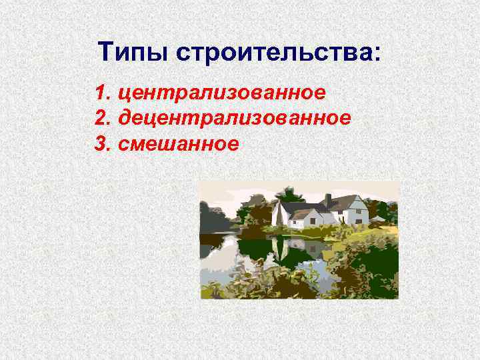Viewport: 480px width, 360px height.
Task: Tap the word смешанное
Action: pos(177,144)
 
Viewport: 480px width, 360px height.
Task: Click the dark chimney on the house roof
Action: pos(328,199)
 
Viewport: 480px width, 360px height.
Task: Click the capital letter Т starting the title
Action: pos(106,51)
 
